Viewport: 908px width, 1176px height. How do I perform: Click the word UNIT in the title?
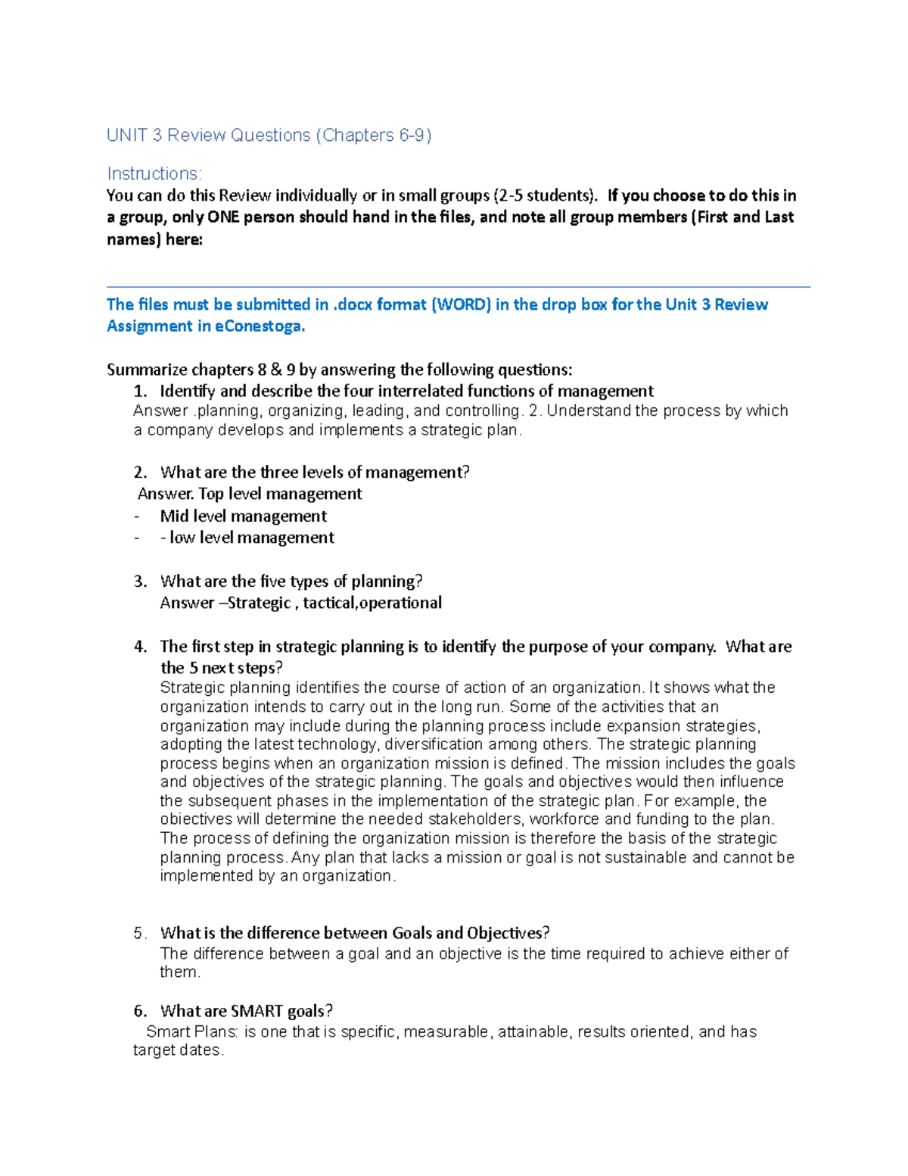(126, 136)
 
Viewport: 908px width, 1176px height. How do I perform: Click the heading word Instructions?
(154, 174)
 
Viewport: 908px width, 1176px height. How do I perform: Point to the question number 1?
(139, 391)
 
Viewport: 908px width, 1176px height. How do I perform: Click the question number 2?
(139, 473)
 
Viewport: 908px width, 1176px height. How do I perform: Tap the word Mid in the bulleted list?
(174, 516)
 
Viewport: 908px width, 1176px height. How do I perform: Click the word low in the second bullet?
(182, 538)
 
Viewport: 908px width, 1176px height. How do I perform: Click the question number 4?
(139, 647)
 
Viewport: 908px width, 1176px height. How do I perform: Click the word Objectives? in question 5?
(508, 933)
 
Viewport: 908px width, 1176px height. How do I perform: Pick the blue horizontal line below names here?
(458, 287)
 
